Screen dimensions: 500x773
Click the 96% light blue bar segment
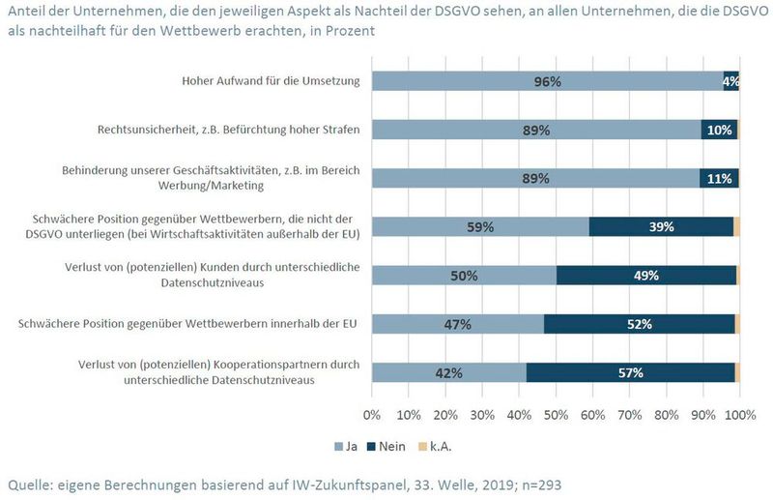coord(547,81)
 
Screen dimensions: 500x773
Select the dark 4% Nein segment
coord(730,81)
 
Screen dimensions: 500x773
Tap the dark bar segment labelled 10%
coord(719,130)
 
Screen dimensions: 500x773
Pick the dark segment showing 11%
coord(719,178)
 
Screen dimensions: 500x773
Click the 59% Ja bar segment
coord(480,226)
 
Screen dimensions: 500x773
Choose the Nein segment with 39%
coord(661,226)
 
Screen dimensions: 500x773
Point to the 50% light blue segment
coord(464,275)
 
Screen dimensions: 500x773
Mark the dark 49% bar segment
coord(646,275)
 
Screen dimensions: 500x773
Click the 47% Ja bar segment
coord(458,324)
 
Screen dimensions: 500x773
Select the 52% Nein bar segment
coord(640,324)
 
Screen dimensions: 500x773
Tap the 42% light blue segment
coord(448,372)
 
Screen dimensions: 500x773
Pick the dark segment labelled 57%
coord(630,372)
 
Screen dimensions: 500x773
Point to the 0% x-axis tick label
coord(372,415)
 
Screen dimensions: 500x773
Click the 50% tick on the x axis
coord(556,415)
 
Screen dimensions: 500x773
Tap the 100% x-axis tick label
coord(739,415)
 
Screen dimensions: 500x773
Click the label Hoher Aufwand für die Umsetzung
coord(271,81)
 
